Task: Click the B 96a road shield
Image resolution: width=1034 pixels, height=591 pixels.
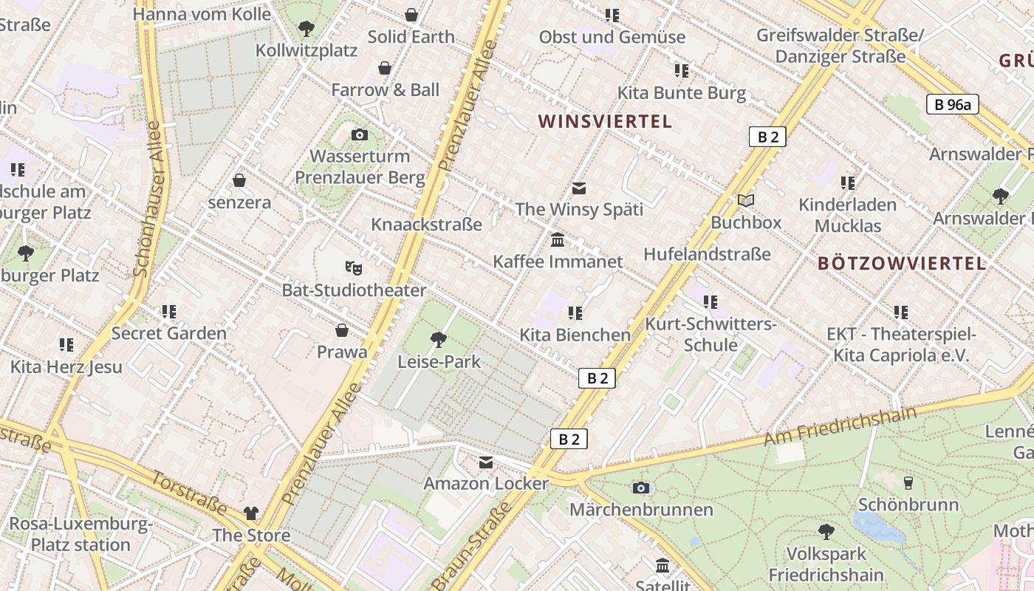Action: [x=952, y=104]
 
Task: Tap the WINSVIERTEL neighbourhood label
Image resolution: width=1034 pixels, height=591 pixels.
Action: [x=605, y=121]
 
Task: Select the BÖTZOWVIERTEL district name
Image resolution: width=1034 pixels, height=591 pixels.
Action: [x=902, y=263]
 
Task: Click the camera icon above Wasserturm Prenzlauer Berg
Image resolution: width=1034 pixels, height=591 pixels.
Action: [x=360, y=134]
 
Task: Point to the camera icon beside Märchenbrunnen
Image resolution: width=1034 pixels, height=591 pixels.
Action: [x=641, y=488]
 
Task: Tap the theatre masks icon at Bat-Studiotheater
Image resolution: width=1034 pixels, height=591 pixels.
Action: [x=354, y=267]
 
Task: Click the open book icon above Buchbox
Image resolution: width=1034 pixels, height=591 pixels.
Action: [x=746, y=200]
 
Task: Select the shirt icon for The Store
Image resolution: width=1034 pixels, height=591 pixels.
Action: [x=251, y=513]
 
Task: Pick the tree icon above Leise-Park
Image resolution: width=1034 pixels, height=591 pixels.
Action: [x=438, y=340]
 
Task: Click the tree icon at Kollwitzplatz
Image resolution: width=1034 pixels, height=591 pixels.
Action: [x=307, y=29]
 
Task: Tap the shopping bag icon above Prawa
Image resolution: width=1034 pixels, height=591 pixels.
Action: [x=342, y=329]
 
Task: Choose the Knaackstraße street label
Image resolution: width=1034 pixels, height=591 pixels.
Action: [x=426, y=224]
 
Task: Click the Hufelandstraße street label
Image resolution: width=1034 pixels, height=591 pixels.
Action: [x=707, y=254]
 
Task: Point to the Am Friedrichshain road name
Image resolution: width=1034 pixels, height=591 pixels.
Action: [x=840, y=426]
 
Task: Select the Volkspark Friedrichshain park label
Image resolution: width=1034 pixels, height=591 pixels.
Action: [x=826, y=564]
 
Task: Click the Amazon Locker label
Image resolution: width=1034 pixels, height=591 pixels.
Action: [x=486, y=484]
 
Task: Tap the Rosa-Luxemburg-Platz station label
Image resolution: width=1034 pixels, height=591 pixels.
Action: [x=80, y=535]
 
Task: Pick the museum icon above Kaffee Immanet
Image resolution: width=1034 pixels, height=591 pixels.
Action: [x=558, y=240]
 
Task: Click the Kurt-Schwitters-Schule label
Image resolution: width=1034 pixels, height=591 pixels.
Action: [x=711, y=334]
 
